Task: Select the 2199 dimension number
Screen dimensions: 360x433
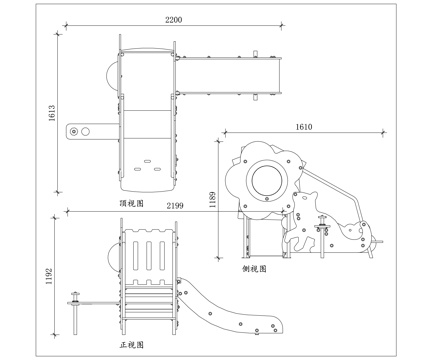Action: [176, 205]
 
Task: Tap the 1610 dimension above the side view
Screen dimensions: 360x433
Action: [305, 127]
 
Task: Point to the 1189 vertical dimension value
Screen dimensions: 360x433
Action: [212, 199]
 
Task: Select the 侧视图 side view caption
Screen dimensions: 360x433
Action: [254, 269]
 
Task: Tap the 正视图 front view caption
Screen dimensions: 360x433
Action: [132, 344]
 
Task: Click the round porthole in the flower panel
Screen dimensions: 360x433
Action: [266, 181]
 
